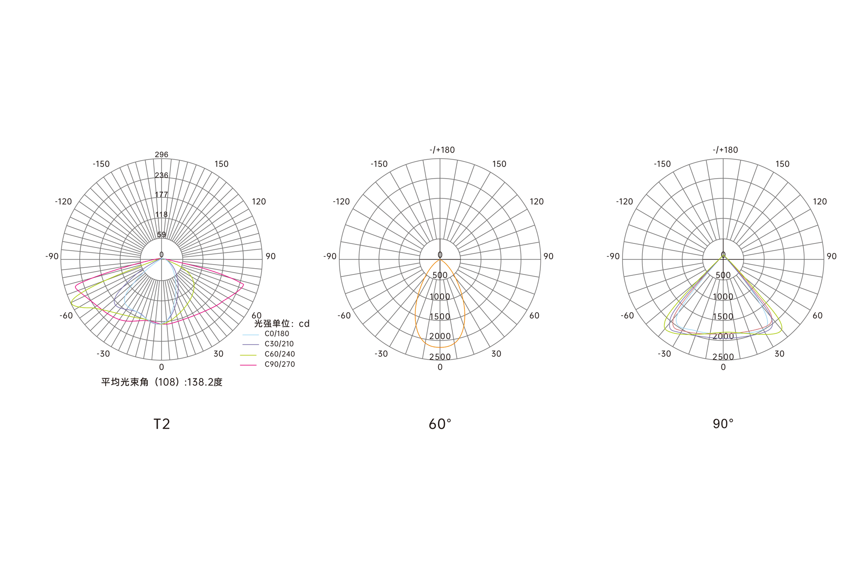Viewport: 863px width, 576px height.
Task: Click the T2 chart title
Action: tap(162, 424)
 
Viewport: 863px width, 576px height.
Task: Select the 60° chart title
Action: tap(440, 424)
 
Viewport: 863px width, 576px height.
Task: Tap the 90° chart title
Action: tap(723, 424)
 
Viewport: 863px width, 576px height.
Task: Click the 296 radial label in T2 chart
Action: tap(161, 155)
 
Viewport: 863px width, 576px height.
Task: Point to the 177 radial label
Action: tap(161, 195)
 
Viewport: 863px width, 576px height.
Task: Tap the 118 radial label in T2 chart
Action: tap(161, 215)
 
